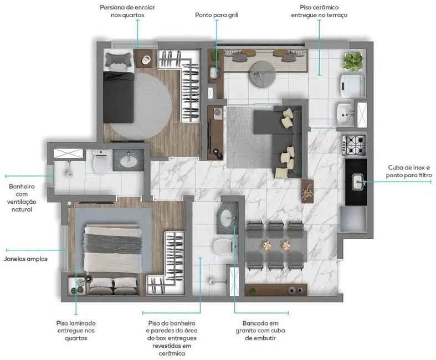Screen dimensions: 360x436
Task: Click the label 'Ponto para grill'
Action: point(216,15)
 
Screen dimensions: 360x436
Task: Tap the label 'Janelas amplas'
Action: point(25,259)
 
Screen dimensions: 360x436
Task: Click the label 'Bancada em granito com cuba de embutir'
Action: point(257,330)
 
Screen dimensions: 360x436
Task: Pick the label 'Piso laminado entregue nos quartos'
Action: point(76,330)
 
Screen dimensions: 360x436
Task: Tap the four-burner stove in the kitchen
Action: point(353,145)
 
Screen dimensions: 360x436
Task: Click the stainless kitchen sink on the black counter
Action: point(357,179)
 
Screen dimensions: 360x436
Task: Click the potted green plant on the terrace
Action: point(352,60)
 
